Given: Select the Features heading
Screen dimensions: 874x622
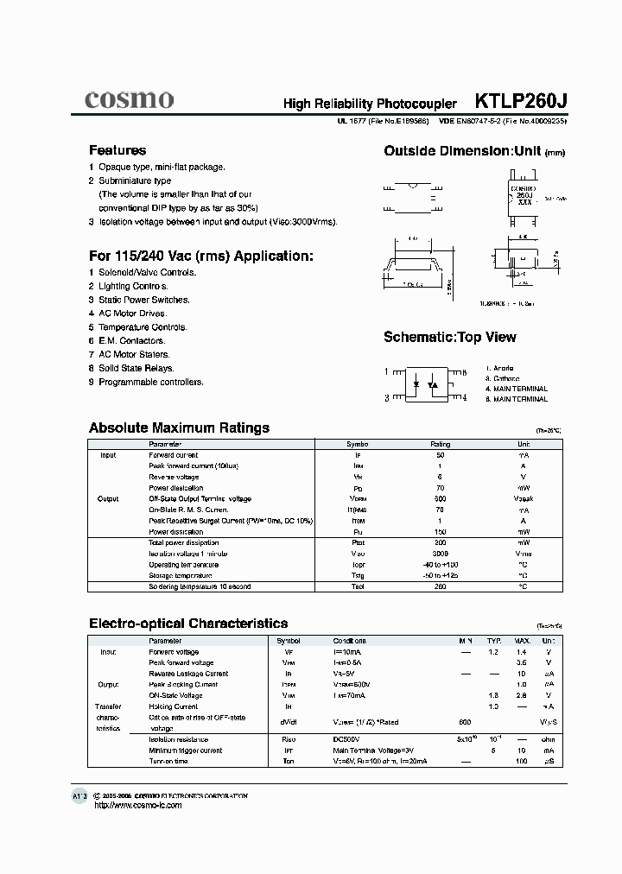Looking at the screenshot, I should click(117, 150).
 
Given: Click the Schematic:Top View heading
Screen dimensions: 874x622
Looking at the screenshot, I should click(449, 337).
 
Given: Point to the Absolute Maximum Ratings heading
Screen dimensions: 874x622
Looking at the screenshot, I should click(179, 427).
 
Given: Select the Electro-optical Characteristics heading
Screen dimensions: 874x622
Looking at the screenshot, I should click(188, 623).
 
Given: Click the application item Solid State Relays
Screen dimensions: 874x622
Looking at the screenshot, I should click(136, 368).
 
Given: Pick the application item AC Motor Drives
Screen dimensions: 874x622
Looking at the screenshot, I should click(132, 313).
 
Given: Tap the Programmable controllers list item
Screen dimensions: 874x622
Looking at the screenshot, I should click(150, 382).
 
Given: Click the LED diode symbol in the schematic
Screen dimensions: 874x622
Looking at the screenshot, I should click(417, 383).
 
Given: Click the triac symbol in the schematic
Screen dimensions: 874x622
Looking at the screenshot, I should click(435, 383).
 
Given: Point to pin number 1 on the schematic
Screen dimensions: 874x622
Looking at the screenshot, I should click(387, 371).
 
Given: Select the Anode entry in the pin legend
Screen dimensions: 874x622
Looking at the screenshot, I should click(502, 368).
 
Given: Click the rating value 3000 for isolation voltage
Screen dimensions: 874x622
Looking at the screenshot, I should click(441, 554).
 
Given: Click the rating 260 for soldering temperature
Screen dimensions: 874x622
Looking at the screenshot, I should click(441, 586).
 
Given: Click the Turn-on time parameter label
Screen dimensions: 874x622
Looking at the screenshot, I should click(168, 761).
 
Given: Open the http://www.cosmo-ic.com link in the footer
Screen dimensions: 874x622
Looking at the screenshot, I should click(136, 805).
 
